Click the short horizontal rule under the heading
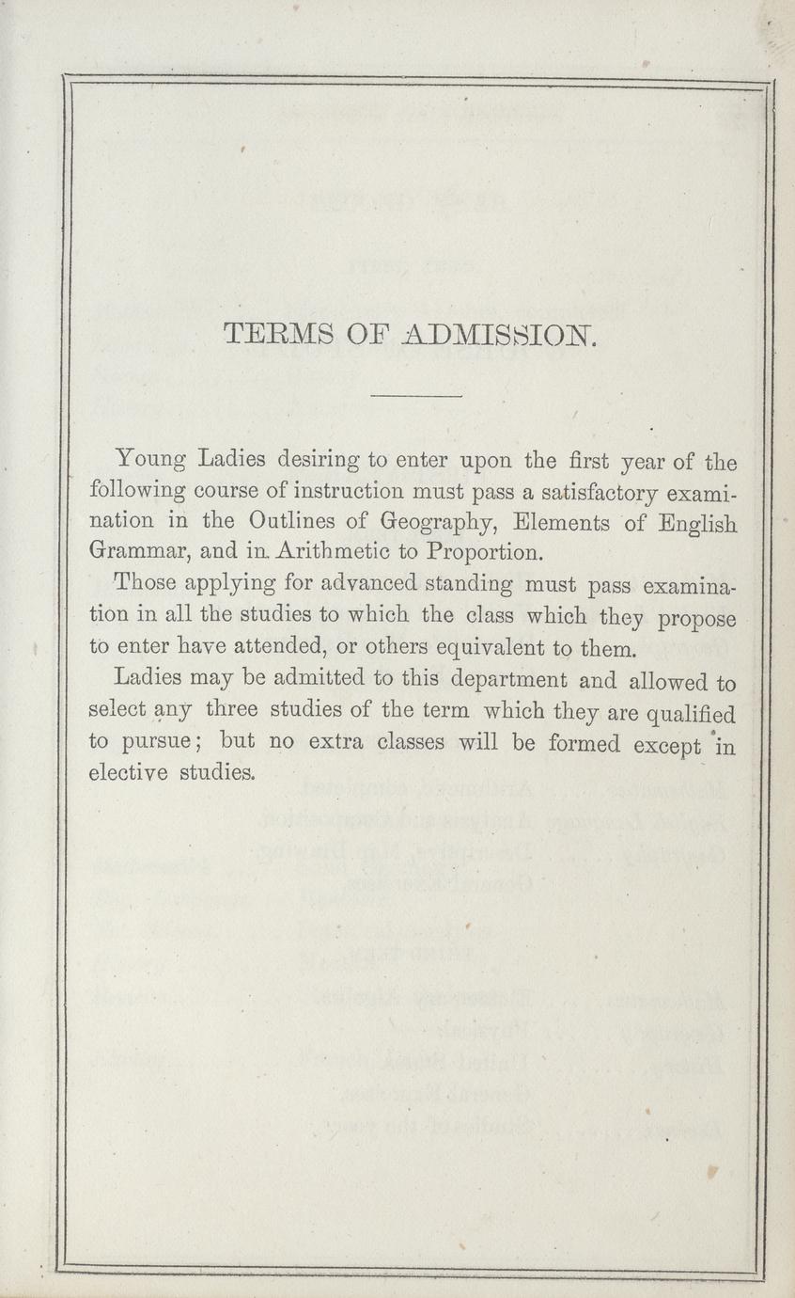[417, 396]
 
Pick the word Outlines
[290, 522]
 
